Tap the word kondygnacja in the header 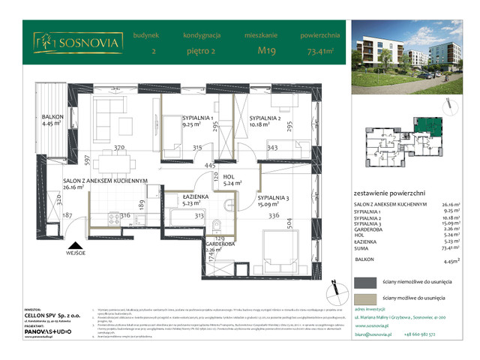[201, 35]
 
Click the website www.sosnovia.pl [373, 325]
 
